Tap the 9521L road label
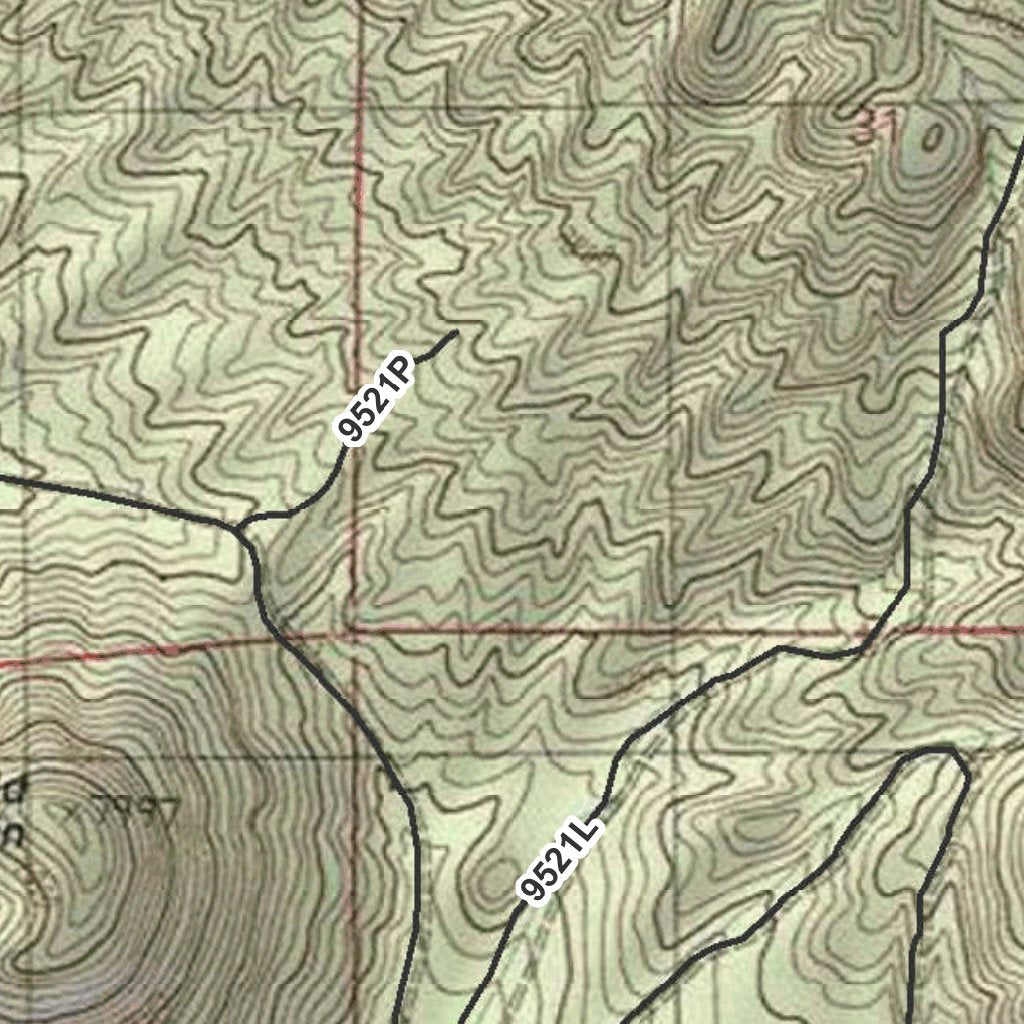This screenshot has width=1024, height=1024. [x=559, y=858]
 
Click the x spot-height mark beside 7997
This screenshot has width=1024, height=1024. [x=72, y=812]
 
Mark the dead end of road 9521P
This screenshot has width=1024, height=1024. [x=456, y=332]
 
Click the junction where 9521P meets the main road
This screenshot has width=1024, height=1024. [x=240, y=523]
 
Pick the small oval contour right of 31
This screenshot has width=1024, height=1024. [x=932, y=137]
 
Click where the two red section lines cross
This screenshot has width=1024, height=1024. [x=352, y=633]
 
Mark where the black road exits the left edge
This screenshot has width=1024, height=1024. [x=2, y=478]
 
